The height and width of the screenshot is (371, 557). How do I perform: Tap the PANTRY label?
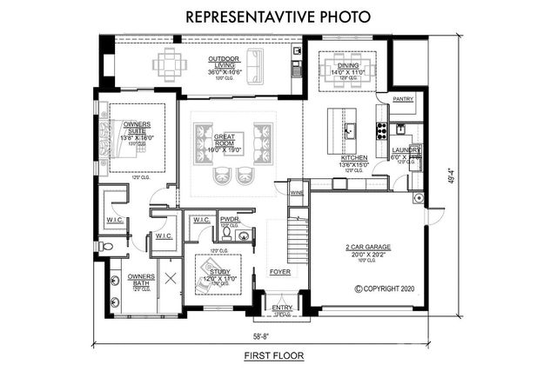(x=403, y=99)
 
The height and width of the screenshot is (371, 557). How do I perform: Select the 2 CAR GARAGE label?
(x=366, y=248)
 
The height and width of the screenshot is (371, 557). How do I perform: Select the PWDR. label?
(x=230, y=220)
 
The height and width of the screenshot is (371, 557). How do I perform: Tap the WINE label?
(x=296, y=193)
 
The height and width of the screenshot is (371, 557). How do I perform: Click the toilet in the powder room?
(x=226, y=234)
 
